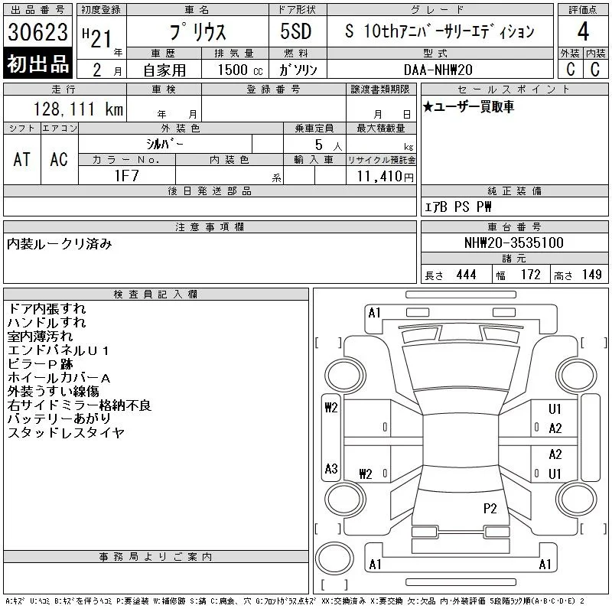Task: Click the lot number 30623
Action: click(x=37, y=31)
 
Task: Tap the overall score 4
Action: click(x=583, y=31)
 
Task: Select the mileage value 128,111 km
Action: click(x=78, y=109)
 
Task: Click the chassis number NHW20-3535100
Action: click(x=513, y=243)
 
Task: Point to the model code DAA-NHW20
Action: click(x=438, y=70)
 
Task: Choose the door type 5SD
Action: click(x=296, y=31)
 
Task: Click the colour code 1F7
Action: click(x=126, y=176)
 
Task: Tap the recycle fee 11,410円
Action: click(x=385, y=177)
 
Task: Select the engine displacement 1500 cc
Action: click(x=240, y=70)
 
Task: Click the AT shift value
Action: click(x=22, y=159)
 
